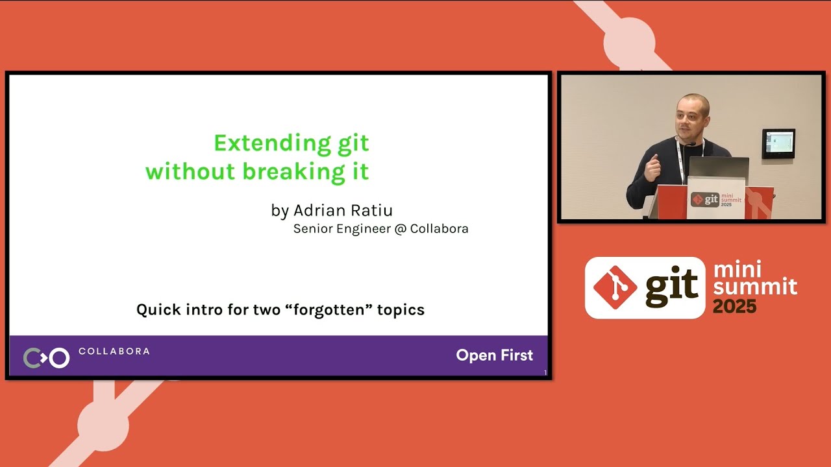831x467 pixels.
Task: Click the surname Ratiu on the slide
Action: [x=372, y=211]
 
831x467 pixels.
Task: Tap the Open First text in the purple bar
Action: [x=494, y=355]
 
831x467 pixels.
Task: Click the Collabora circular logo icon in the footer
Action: [x=46, y=357]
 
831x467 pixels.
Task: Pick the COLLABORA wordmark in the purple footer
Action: [x=114, y=352]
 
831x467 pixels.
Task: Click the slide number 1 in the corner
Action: [x=545, y=372]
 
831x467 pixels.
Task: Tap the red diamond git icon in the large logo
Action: [x=615, y=287]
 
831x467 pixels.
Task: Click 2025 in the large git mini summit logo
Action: [x=734, y=307]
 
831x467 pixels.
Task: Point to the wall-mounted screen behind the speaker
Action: [x=778, y=143]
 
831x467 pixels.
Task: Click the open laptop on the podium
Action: [x=718, y=167]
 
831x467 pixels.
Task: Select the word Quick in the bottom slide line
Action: [x=156, y=310]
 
